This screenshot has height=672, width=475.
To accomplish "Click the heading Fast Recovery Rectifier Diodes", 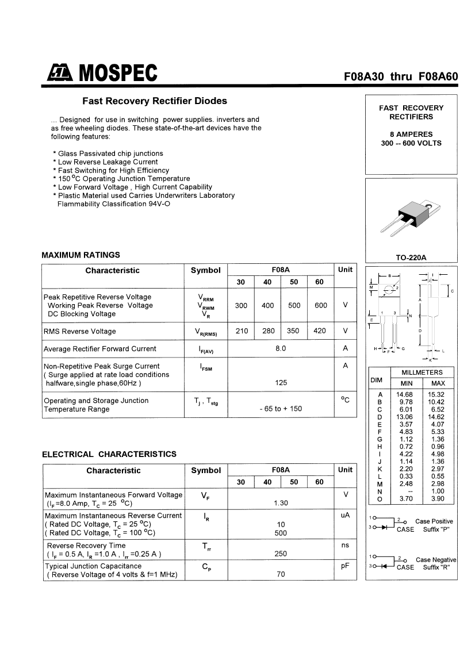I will [x=155, y=101].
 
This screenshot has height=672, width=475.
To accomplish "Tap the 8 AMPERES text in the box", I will [x=411, y=135].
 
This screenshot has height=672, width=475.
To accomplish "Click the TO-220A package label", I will [x=411, y=258].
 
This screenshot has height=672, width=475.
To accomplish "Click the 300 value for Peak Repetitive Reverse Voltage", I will [x=241, y=306].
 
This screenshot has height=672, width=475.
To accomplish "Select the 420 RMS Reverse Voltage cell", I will [x=320, y=331].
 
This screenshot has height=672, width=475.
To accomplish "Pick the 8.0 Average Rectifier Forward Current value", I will [x=281, y=349].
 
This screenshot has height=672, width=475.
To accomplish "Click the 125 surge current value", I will [x=281, y=383].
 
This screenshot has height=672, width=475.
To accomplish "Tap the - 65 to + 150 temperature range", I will [x=281, y=409].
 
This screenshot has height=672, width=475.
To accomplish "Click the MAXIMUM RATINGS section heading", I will [x=81, y=255].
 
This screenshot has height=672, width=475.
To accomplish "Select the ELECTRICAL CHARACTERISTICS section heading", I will [x=109, y=454].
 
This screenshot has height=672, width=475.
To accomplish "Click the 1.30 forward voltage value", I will [x=281, y=503].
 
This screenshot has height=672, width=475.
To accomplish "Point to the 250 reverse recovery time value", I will [x=281, y=554].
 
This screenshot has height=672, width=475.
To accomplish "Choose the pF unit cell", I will [x=345, y=566].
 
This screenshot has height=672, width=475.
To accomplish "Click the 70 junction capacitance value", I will [x=281, y=574].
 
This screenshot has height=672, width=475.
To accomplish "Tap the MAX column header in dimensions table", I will [x=438, y=383].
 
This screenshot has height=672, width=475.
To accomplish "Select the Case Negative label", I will [x=436, y=560].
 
